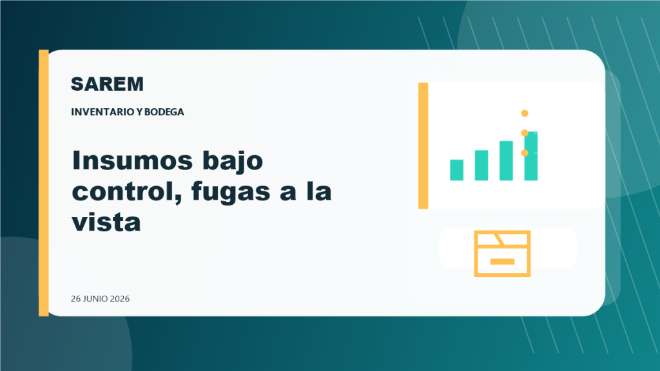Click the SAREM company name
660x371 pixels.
(x=108, y=84)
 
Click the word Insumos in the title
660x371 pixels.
(x=132, y=160)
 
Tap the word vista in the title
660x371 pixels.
(x=106, y=222)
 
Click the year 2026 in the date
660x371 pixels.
(x=120, y=299)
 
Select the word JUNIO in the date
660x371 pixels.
(x=95, y=299)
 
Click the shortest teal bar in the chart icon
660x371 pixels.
(x=457, y=170)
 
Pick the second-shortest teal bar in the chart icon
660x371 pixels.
(x=481, y=166)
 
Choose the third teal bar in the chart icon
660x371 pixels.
(x=506, y=160)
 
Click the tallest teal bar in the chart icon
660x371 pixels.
(x=531, y=156)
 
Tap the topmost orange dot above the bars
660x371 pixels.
(x=525, y=113)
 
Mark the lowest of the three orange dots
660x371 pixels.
(x=525, y=153)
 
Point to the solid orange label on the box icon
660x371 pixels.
(x=502, y=262)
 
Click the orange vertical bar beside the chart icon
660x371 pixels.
(x=423, y=146)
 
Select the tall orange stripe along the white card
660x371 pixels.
(x=44, y=183)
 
